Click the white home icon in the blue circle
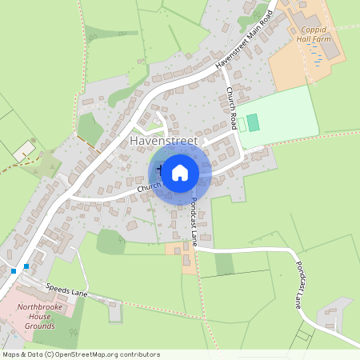coord(180,172)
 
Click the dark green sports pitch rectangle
coord(254,123)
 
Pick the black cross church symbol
coord(159,170)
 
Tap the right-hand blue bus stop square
coord(26,266)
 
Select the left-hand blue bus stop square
coord(14,271)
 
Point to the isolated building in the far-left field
coord(24,150)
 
